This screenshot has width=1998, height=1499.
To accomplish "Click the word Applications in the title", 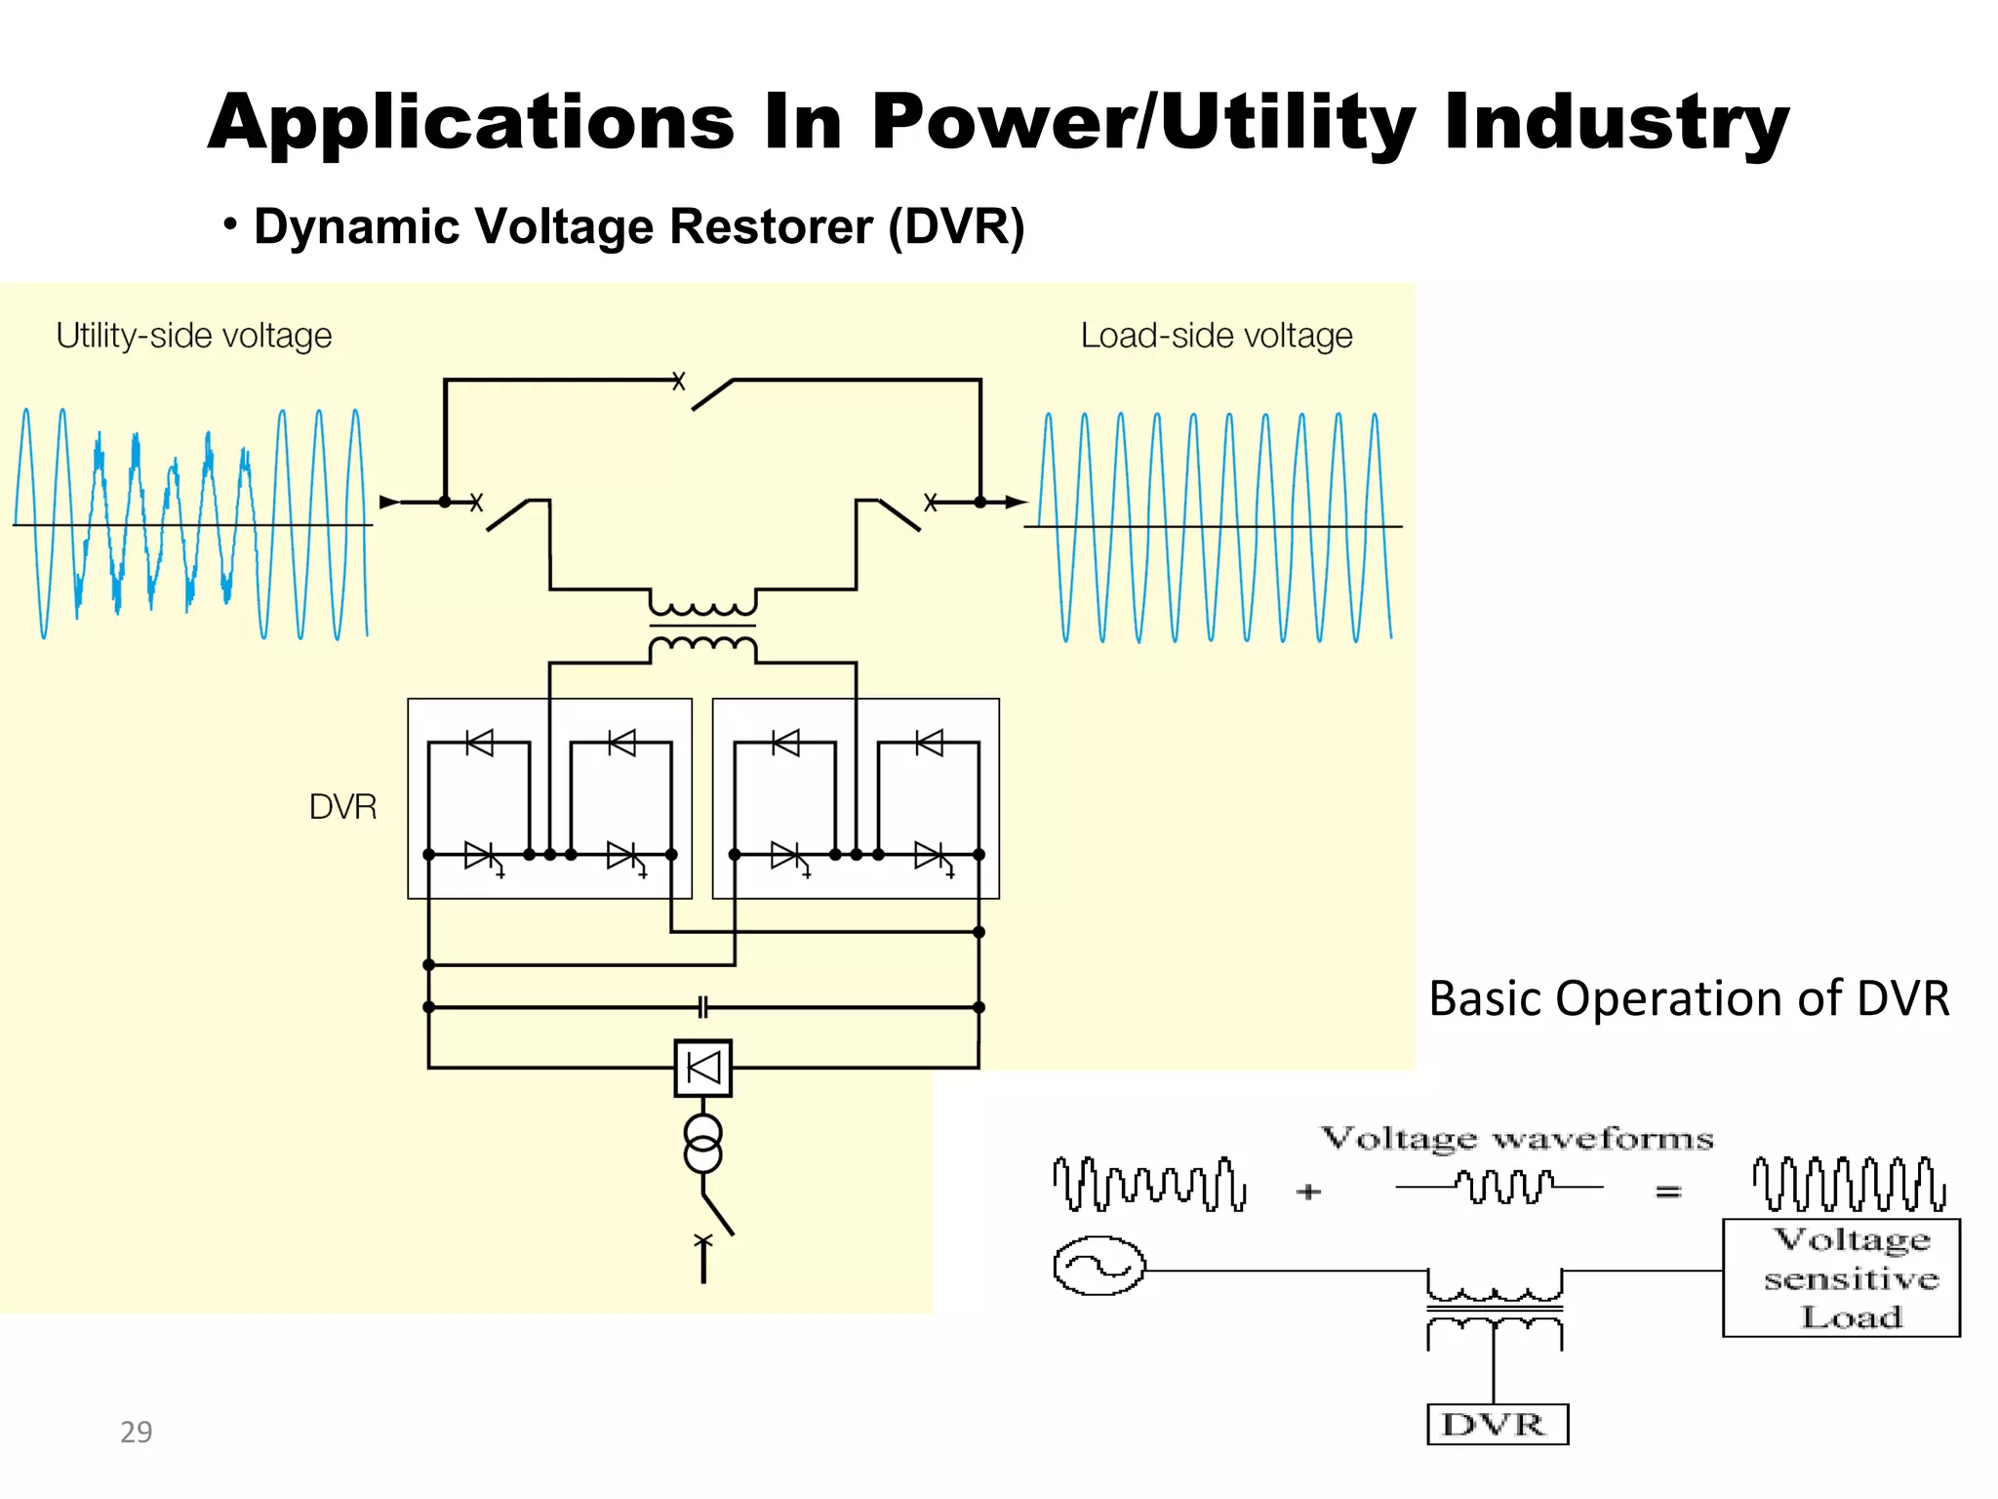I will click(x=470, y=124).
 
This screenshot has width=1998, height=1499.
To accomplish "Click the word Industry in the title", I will click(x=1616, y=124).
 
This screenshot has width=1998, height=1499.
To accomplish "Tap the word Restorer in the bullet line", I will click(x=771, y=226).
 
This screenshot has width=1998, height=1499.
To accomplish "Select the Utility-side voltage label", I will click(x=194, y=336).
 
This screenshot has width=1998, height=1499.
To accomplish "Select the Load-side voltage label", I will click(x=1216, y=336).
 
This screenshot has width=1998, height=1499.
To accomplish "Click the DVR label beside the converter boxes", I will click(x=342, y=807).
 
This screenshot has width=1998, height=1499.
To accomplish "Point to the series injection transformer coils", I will click(x=702, y=625).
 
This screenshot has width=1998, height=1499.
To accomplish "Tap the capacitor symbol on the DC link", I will click(x=703, y=1006).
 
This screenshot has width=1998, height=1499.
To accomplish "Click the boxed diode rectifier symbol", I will click(x=703, y=1068).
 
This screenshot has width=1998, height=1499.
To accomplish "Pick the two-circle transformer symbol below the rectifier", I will click(x=703, y=1144).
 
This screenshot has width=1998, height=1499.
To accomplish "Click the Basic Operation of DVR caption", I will click(x=1688, y=998).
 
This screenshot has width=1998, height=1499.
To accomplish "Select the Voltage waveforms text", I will click(x=1516, y=1138).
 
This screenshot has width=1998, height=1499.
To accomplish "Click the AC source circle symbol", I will click(x=1099, y=1266).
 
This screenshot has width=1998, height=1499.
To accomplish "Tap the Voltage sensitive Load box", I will click(x=1841, y=1277).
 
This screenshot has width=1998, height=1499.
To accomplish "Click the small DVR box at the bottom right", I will click(x=1497, y=1424).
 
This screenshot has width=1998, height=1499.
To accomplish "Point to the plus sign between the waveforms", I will click(x=1308, y=1192).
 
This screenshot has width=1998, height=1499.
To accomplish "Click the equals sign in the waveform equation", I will click(x=1668, y=1192).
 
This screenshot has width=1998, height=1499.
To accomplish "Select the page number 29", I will click(x=137, y=1432).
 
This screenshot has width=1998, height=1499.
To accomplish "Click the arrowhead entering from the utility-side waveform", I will click(x=388, y=503).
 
